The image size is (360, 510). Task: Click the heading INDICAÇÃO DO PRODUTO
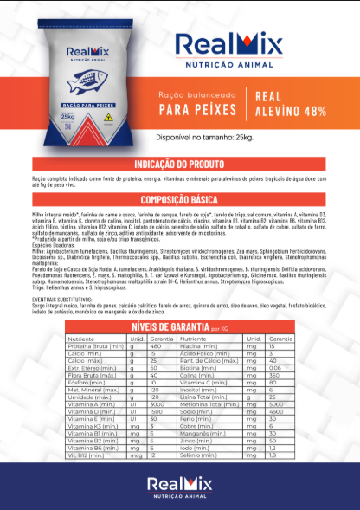click(180, 164)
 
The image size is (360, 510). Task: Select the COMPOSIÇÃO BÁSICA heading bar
click(180, 198)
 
